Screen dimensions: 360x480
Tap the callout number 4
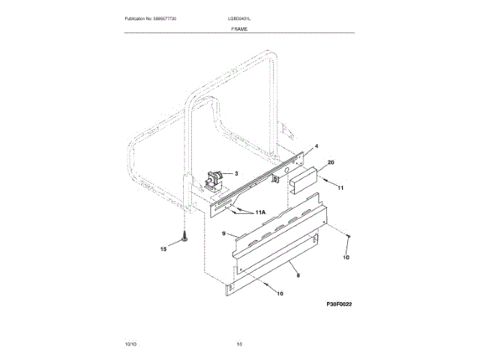click(316, 146)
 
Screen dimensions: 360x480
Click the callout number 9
click(223, 234)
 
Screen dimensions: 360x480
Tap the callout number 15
click(164, 249)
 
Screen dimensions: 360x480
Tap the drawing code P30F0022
click(339, 304)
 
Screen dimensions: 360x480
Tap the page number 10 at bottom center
click(239, 343)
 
